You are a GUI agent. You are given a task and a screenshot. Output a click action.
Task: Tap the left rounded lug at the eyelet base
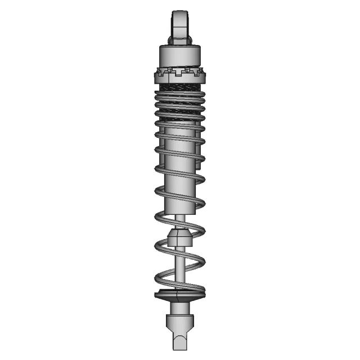click(170, 40)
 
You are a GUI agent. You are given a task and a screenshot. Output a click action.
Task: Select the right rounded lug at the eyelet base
click(190, 40)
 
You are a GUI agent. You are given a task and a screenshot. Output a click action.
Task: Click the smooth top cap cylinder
click(179, 57)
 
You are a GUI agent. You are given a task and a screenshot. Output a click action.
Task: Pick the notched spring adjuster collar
click(179, 74)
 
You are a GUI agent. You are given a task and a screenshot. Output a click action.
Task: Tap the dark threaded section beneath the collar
click(179, 87)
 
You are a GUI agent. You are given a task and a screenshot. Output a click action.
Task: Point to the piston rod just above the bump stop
click(179, 221)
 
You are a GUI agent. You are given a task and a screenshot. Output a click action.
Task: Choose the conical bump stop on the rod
click(179, 237)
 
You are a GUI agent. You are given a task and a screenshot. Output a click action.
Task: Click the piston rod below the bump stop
click(179, 264)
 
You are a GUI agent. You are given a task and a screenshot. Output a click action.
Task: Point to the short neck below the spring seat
click(179, 307)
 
